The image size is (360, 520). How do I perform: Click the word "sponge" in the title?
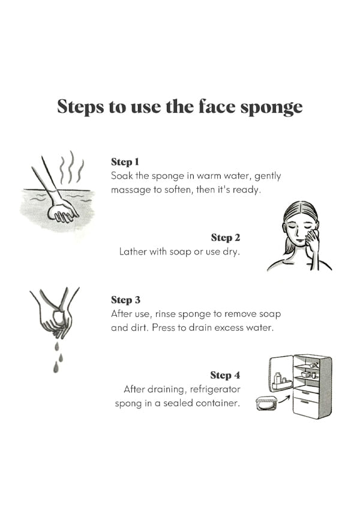click(271, 107)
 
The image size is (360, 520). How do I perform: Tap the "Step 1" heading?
click(125, 162)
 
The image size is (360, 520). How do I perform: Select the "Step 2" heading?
click(226, 238)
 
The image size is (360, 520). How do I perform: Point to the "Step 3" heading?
click(125, 300)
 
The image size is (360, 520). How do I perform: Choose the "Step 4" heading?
click(225, 375)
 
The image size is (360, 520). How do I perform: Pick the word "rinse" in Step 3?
click(165, 313)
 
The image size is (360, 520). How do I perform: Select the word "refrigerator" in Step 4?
click(215, 389)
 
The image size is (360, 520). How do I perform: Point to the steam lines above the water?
click(71, 168)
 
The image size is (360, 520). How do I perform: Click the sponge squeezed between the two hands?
click(59, 316)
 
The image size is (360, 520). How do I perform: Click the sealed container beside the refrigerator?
click(266, 403)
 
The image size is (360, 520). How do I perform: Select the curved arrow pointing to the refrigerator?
click(284, 399)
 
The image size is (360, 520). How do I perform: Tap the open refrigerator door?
click(281, 373)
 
